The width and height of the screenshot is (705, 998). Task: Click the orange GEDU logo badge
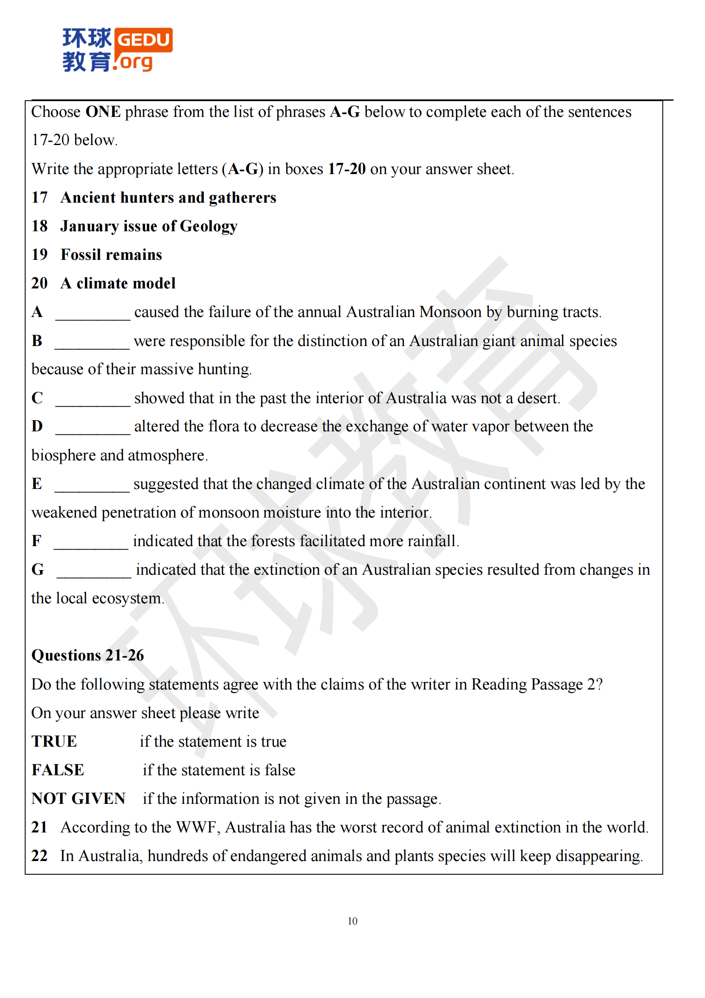tap(143, 40)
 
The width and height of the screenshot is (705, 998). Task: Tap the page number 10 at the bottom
tap(352, 921)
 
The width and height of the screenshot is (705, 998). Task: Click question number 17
tap(40, 198)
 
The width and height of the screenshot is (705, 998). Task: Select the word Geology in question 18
tap(209, 227)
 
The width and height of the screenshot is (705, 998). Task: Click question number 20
tap(40, 283)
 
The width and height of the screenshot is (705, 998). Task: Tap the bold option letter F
tap(37, 541)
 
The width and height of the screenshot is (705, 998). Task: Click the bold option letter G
tap(38, 570)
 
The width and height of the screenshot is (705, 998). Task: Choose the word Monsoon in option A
tap(450, 312)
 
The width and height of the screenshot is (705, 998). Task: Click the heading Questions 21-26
tap(88, 655)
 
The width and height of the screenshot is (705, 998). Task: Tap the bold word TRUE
tap(54, 742)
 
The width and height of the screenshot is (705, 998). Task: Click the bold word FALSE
tap(58, 770)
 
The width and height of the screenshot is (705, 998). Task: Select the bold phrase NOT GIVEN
tap(78, 799)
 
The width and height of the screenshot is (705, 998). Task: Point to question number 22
tap(40, 856)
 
